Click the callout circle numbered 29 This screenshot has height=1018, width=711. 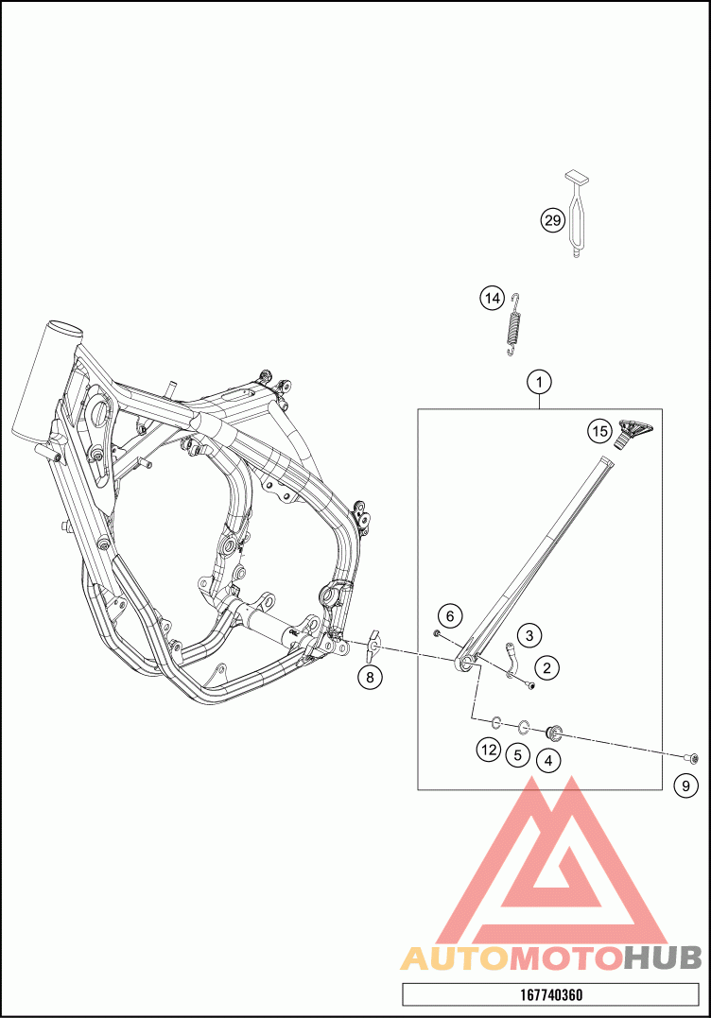point(552,220)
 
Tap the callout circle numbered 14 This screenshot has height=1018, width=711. point(492,299)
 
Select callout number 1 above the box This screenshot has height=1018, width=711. point(538,383)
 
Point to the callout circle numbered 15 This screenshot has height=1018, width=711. point(599,431)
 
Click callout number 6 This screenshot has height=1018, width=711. point(450,616)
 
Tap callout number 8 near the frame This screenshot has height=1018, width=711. point(371,677)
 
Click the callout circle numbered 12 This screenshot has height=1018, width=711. point(488,750)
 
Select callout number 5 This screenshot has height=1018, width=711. point(516,754)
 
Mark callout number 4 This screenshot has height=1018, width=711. point(547,758)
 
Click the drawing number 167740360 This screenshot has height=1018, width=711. point(551,994)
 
